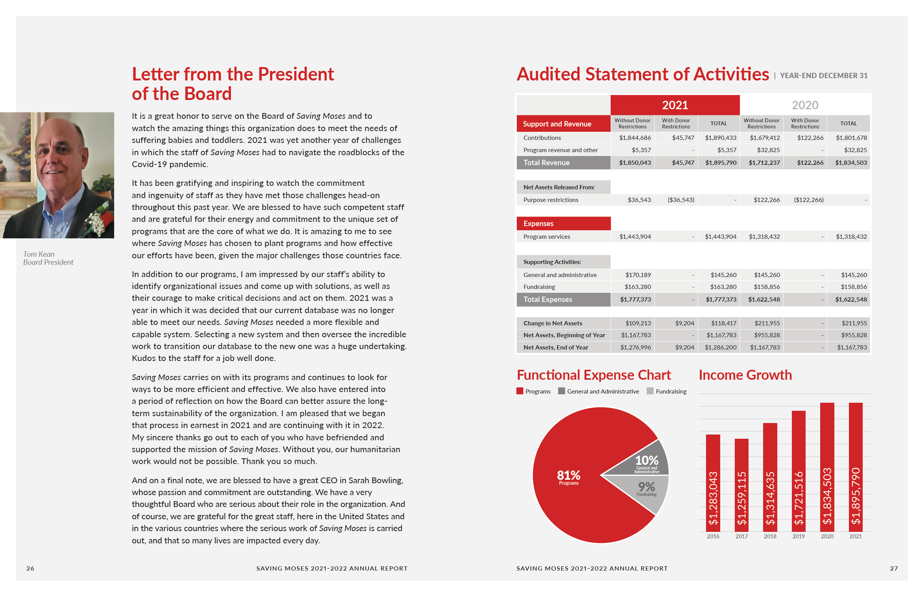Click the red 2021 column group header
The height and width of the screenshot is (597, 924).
pos(675,105)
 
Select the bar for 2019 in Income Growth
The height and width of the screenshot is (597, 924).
pos(798,471)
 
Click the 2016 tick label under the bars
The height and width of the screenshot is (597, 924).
pos(713,536)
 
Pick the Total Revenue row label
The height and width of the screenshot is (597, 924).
pos(546,163)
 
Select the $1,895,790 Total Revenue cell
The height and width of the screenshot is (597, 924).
pos(721,163)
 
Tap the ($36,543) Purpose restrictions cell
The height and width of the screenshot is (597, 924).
pos(681,200)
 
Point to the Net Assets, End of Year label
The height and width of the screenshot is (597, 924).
pos(555,347)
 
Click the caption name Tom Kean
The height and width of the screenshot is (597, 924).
pos(39,254)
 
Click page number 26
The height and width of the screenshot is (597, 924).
pos(30,569)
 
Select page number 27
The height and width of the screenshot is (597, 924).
pos(894,569)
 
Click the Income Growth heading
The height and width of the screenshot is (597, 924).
pos(745,375)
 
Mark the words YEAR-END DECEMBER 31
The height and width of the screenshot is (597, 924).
pos(824,75)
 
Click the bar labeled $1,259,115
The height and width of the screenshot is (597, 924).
pos(741,485)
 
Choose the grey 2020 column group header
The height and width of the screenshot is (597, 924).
pos(804,105)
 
